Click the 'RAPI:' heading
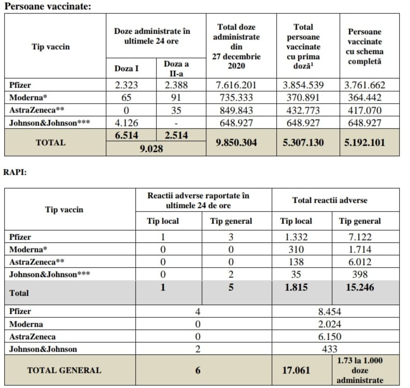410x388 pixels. tap(16, 172)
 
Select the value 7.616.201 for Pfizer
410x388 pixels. tap(238, 86)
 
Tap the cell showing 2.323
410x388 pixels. tap(127, 86)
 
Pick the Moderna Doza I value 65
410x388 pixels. tap(127, 98)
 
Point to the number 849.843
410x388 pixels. tap(238, 110)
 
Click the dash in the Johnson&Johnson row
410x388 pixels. tap(176, 123)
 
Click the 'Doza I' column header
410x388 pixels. tap(127, 67)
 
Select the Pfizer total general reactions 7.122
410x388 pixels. tap(360, 237)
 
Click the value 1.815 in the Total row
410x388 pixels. tap(296, 287)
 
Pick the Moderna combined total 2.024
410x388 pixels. tap(330, 324)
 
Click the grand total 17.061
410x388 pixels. tap(296, 370)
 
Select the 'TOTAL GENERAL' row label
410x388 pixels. tap(64, 370)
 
